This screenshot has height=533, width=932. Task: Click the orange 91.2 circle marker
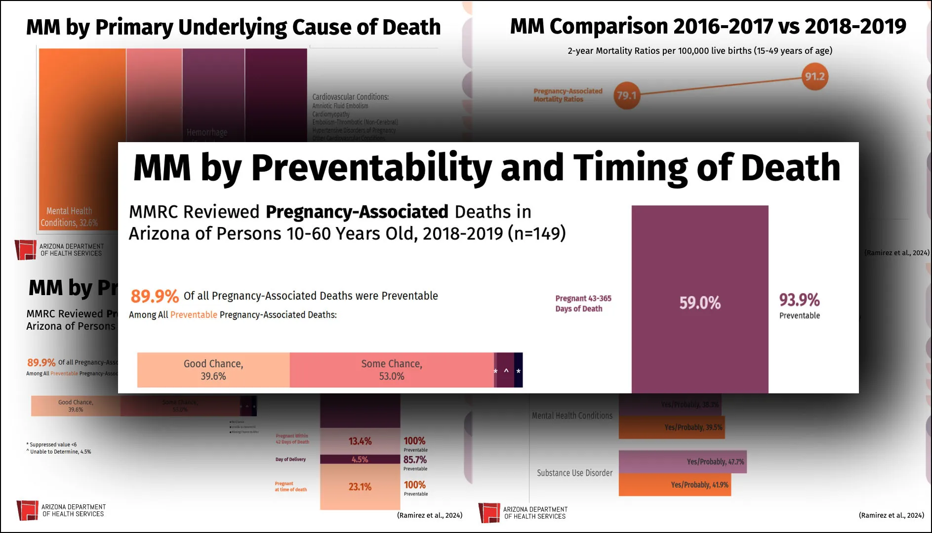814,76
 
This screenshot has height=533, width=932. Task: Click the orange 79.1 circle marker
626,95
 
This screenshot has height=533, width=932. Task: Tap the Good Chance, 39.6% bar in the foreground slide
213,370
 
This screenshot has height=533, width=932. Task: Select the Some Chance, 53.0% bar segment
392,370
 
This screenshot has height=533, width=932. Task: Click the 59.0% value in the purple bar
699,303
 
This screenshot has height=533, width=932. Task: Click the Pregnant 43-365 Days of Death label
583,304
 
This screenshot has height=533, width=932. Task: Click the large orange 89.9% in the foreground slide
154,296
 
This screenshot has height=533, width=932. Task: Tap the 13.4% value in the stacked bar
360,441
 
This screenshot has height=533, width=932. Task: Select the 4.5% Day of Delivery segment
360,459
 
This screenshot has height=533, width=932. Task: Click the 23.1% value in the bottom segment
360,487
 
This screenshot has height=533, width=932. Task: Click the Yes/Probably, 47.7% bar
683,462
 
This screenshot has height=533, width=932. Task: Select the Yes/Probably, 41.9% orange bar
675,485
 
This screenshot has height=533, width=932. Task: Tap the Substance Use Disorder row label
574,473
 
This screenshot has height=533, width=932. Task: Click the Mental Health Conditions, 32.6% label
69,217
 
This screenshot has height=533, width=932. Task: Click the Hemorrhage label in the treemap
206,132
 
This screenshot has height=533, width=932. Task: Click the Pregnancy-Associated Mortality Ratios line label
567,95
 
